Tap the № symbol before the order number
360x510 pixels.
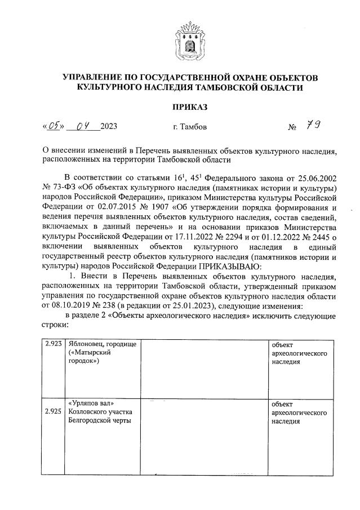(x=292, y=127)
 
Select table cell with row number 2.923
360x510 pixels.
(x=52, y=344)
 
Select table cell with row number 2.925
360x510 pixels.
(x=52, y=412)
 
